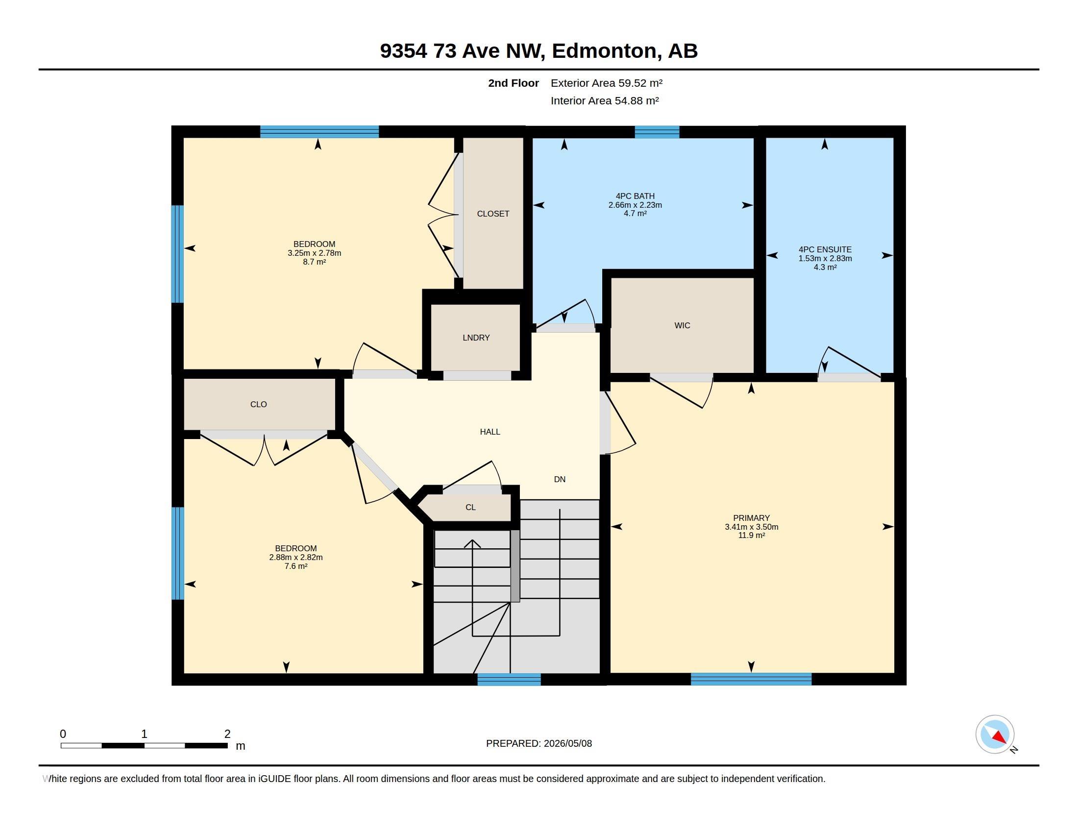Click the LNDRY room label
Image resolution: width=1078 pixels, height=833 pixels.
(476, 338)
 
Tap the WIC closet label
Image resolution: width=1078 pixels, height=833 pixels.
(682, 325)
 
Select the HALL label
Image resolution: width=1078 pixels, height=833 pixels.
(490, 432)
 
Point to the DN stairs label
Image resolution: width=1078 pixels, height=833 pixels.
(559, 479)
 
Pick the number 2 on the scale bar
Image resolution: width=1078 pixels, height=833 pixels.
(227, 734)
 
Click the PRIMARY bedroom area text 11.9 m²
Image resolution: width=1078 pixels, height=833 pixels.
(751, 536)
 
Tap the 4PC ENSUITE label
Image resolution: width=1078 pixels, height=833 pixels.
(825, 250)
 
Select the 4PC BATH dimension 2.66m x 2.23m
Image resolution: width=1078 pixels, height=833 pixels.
(635, 205)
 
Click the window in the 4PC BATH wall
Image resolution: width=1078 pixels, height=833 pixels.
(657, 132)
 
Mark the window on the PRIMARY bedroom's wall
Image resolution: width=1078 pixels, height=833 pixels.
(751, 679)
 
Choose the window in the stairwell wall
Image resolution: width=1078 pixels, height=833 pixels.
(509, 679)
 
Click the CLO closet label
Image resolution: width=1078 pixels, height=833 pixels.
(258, 405)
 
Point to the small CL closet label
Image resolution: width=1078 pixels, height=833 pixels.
(470, 507)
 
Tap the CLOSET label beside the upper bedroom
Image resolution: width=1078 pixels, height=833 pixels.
(492, 214)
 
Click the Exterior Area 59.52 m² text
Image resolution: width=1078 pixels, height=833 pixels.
(606, 83)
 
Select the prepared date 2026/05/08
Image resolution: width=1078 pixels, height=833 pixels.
(567, 743)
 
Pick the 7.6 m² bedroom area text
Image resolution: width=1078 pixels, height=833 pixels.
(295, 566)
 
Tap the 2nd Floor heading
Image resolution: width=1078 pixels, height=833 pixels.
(514, 83)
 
